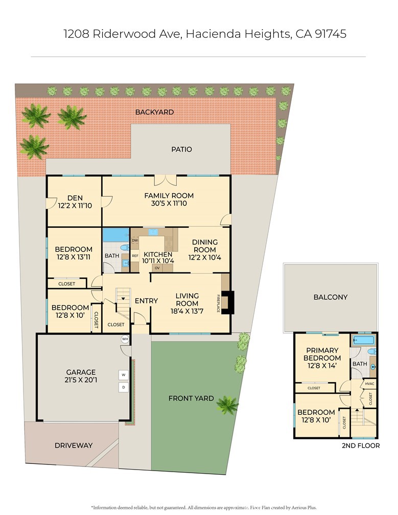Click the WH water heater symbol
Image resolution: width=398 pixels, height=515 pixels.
[x=125, y=339]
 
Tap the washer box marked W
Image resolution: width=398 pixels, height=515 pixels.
[x=124, y=375]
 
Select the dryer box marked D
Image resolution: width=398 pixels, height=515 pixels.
[x=124, y=387]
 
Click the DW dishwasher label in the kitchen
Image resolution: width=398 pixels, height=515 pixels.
[x=135, y=241]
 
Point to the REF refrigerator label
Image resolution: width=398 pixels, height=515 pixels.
[x=135, y=255]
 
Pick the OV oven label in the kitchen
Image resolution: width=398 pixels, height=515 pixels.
[x=157, y=268]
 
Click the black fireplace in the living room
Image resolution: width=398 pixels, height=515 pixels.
[x=228, y=302]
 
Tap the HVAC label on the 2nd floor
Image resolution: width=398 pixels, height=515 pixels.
[x=369, y=384]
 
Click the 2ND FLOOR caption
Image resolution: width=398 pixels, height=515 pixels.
[x=361, y=446]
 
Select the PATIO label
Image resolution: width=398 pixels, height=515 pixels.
[x=181, y=149]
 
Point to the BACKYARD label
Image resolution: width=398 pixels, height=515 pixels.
[x=154, y=112]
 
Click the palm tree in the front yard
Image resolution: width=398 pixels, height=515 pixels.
[x=227, y=405]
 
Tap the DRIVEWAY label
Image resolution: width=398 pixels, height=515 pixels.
[x=74, y=446]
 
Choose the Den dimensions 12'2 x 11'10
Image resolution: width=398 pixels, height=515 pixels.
[x=75, y=206]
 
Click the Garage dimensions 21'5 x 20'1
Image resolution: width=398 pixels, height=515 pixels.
[x=81, y=380]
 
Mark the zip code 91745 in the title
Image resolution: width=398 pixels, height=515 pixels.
[x=331, y=34]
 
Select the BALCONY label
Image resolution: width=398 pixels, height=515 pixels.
[x=331, y=297]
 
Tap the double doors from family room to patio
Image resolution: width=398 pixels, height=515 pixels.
[x=166, y=180]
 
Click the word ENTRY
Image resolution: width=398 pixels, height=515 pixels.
[x=147, y=301]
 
